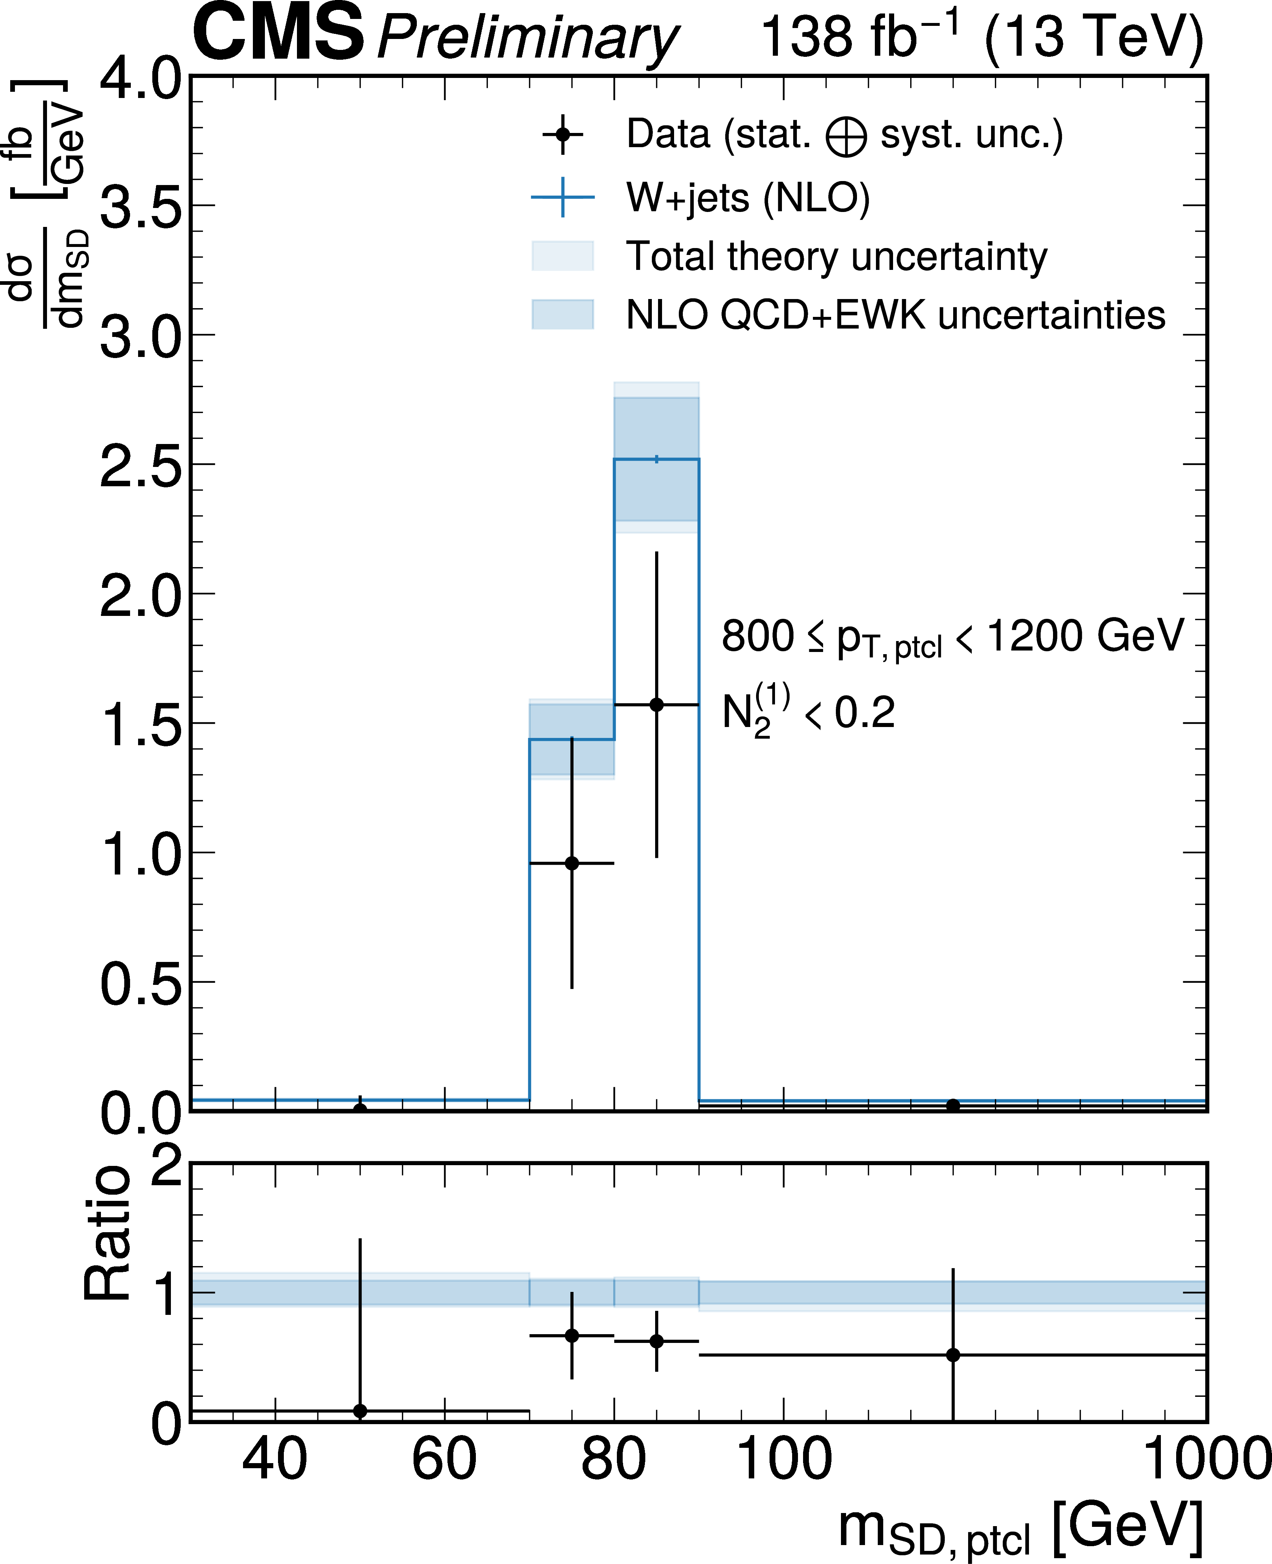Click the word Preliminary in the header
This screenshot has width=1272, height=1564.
pos(528,38)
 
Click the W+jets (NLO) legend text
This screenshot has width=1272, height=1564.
pos(747,198)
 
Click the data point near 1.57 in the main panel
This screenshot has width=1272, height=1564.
pos(657,705)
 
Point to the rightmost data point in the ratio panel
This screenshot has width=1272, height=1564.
pos(952,1355)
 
